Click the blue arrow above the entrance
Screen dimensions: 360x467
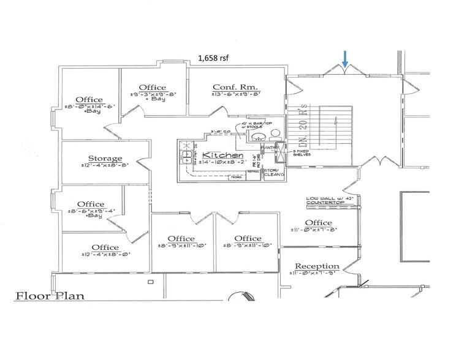pyautogui.click(x=346, y=59)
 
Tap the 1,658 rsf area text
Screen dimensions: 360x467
pyautogui.click(x=214, y=58)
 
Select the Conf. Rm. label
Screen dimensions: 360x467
pyautogui.click(x=230, y=87)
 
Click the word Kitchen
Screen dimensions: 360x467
pyautogui.click(x=219, y=157)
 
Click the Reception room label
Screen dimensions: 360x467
pyautogui.click(x=317, y=266)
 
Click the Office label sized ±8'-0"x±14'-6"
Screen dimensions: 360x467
pyautogui.click(x=89, y=100)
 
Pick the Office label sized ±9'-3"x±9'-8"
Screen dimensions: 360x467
pyautogui.click(x=153, y=88)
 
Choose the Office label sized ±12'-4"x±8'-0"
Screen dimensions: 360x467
pyautogui.click(x=105, y=247)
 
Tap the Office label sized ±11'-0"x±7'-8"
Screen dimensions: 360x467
pyautogui.click(x=318, y=223)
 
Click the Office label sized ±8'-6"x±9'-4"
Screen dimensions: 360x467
pyautogui.click(x=89, y=204)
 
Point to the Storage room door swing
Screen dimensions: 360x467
pyautogui.click(x=142, y=164)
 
